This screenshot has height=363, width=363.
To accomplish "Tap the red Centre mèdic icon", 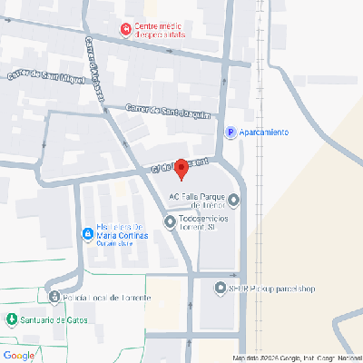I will [125, 31].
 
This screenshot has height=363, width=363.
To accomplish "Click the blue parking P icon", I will [231, 132].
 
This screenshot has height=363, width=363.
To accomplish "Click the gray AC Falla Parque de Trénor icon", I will [234, 200].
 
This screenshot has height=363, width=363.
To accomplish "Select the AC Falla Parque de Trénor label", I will [201, 201].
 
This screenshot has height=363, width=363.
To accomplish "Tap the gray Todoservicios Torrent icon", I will [170, 221].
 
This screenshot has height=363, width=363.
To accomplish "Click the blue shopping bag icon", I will [87, 234].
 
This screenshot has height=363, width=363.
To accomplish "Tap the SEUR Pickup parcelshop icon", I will [220, 289].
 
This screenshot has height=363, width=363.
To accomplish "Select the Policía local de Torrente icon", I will [54, 297].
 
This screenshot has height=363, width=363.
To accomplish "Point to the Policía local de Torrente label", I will [100, 297].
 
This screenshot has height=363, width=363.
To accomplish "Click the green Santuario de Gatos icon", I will [11, 319].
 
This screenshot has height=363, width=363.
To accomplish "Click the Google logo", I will [18, 354].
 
